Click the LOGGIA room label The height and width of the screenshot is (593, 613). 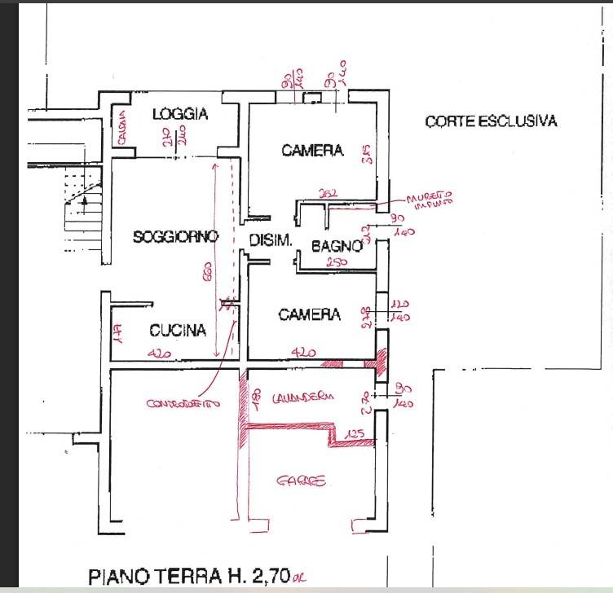click(x=180, y=114)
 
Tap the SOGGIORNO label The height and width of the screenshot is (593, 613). click(x=176, y=237)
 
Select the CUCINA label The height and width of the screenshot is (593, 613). click(x=177, y=331)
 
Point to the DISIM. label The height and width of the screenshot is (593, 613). click(x=266, y=240)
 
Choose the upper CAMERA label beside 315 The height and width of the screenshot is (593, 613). click(x=312, y=151)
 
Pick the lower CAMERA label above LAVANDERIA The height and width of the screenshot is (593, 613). click(x=309, y=314)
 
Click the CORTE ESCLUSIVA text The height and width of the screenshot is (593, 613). click(x=491, y=122)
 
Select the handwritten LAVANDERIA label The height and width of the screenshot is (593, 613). click(x=303, y=397)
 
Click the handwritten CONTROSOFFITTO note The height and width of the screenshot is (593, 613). click(x=183, y=403)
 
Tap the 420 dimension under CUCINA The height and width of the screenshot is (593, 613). click(x=161, y=354)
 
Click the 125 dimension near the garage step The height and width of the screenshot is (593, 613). click(x=353, y=435)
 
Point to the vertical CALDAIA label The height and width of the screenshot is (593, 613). click(x=120, y=129)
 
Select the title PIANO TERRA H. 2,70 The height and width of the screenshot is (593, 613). click(x=196, y=577)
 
